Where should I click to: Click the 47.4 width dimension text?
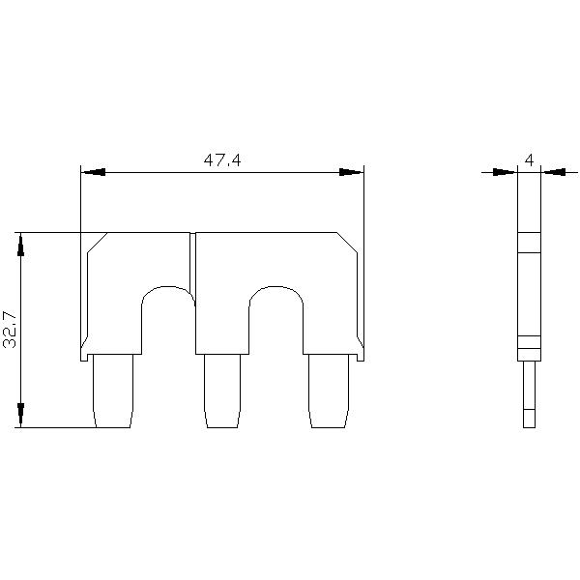(x=221, y=160)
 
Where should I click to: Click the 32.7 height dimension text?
(x=11, y=330)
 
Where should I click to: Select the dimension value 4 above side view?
(x=529, y=159)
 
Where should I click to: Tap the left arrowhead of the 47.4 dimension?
(x=93, y=172)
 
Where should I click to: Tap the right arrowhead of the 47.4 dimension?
(x=351, y=172)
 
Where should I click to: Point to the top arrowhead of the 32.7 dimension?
(x=21, y=244)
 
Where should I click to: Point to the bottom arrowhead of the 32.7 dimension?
(x=21, y=416)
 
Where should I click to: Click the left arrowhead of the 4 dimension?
(x=506, y=172)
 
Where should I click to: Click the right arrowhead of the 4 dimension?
(x=553, y=172)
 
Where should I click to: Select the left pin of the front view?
(x=111, y=391)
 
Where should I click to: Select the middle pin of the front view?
(x=222, y=391)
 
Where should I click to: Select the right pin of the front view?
(x=328, y=391)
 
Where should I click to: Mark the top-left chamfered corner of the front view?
(x=96, y=243)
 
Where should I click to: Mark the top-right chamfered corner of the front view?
(x=348, y=243)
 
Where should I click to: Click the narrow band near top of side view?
(x=528, y=243)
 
